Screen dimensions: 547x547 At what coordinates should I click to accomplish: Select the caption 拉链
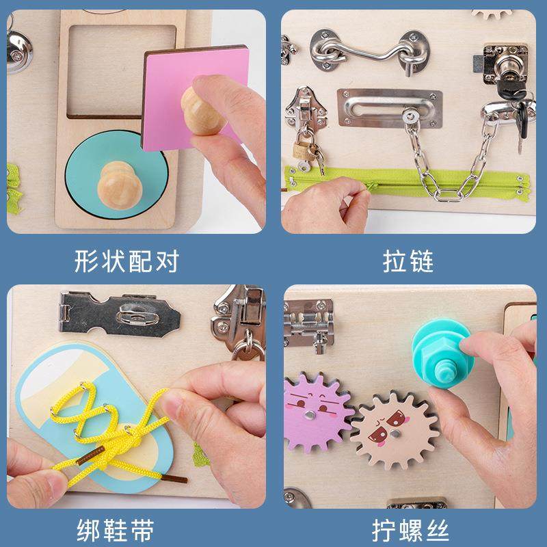409,261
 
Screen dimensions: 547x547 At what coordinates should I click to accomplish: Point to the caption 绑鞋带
114,529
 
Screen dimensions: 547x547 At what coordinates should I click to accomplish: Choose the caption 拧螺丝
409,529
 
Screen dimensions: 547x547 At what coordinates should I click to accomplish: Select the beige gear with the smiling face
387,427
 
